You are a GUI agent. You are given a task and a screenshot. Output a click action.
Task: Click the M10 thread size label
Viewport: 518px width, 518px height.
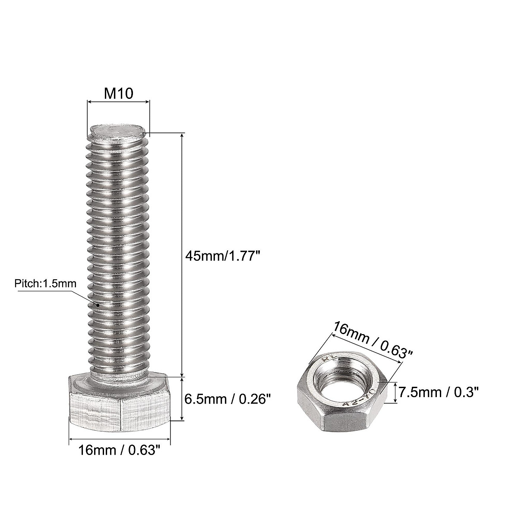pos(118,93)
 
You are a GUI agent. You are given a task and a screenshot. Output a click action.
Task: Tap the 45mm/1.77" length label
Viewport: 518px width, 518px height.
pos(223,256)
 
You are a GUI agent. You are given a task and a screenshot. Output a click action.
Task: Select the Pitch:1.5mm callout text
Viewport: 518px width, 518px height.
pos(45,284)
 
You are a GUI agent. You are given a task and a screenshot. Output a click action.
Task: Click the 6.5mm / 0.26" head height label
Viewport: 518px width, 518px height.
pos(227,398)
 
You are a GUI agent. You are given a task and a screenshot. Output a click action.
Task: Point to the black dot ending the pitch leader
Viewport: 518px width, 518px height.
pos(98,305)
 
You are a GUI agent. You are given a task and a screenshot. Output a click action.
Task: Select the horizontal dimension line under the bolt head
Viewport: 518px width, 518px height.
pos(120,439)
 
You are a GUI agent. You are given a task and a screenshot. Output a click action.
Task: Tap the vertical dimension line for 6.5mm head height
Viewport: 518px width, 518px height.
pos(182,398)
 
